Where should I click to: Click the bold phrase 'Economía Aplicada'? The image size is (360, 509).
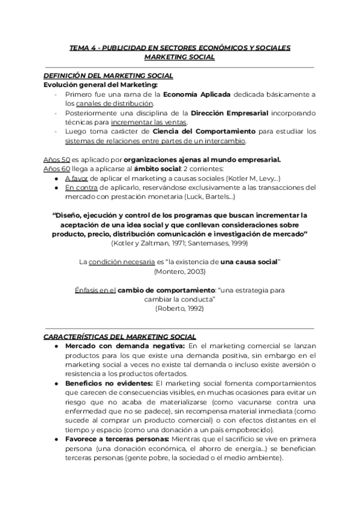[x=197, y=94]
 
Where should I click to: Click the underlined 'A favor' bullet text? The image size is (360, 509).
[x=77, y=178]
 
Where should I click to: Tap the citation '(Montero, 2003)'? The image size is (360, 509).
[x=179, y=272]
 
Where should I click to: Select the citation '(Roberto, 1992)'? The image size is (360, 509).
[x=179, y=309]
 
